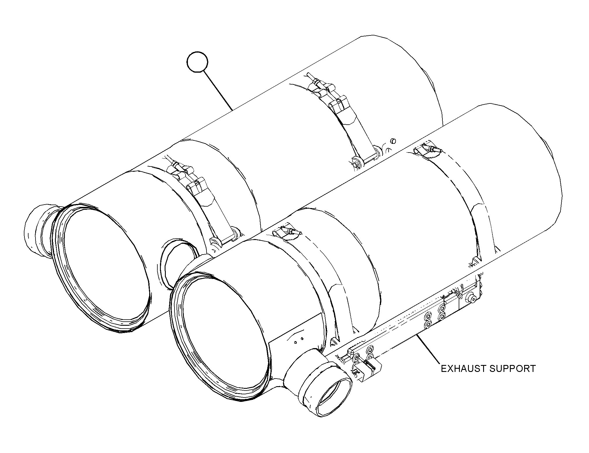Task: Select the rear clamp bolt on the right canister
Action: [x=429, y=151]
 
